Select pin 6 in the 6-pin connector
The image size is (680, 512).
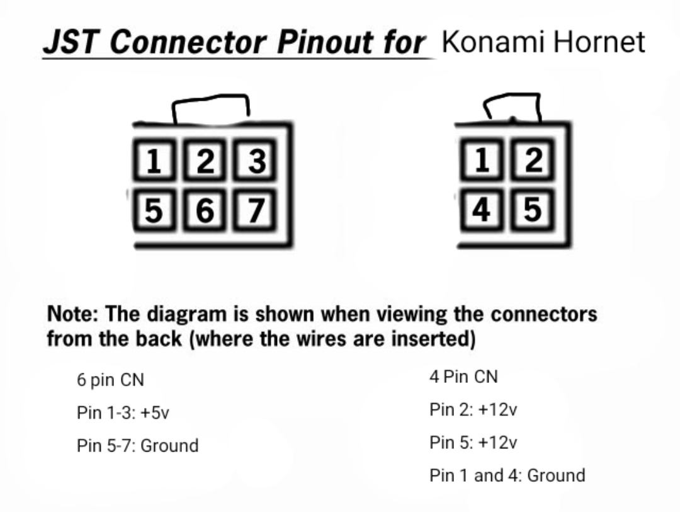pyautogui.click(x=205, y=210)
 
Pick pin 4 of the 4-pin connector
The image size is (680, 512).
pyautogui.click(x=482, y=210)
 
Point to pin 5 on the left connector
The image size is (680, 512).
pyautogui.click(x=154, y=210)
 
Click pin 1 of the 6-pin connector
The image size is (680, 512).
pyautogui.click(x=154, y=160)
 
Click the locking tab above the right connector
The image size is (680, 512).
pyautogui.click(x=512, y=94)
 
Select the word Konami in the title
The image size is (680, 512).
pyautogui.click(x=493, y=42)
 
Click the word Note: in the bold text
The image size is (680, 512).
pyautogui.click(x=72, y=314)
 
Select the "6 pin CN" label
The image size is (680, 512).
pyautogui.click(x=110, y=380)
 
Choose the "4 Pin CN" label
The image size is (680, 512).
pyautogui.click(x=463, y=377)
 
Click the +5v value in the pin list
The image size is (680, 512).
pyautogui.click(x=155, y=412)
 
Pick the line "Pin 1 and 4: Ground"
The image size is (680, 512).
pyautogui.click(x=507, y=475)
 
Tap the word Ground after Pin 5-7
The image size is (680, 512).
pyautogui.click(x=169, y=446)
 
